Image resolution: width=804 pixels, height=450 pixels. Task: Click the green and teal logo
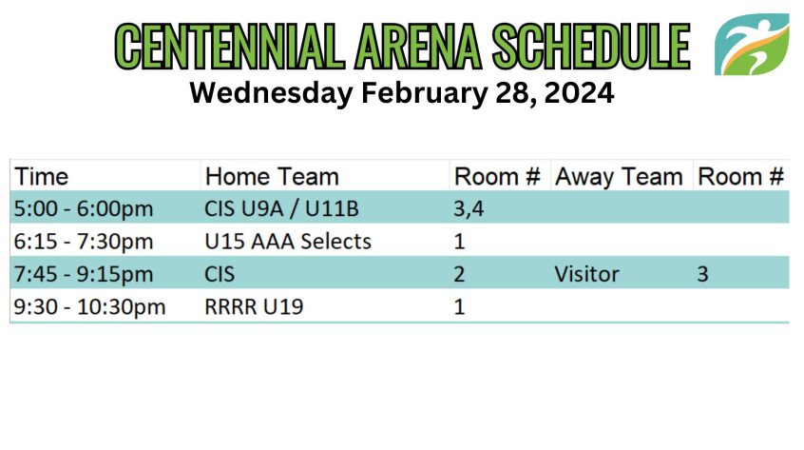752,45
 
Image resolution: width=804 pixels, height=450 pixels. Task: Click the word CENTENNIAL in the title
230,47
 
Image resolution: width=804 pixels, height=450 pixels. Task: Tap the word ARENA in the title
418,47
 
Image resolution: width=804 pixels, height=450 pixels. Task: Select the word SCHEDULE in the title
591,47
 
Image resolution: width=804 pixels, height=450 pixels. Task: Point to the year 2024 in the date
580,93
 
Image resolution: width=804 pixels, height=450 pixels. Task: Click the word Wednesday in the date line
271,93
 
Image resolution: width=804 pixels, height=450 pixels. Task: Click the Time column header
41,177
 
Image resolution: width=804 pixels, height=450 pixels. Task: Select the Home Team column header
272,177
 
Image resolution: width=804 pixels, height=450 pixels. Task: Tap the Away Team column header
619,177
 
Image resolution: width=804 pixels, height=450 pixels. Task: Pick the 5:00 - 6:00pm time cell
84,209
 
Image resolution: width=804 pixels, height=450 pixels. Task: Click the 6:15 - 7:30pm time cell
84,241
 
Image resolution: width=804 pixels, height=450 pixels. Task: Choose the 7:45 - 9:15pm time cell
84,274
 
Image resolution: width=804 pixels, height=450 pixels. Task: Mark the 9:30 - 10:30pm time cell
89,307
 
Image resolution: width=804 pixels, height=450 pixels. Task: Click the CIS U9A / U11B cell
281,209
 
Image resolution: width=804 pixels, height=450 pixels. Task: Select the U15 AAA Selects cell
288,241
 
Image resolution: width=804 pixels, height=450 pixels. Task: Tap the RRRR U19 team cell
254,307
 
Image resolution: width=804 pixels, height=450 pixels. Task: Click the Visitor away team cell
586,274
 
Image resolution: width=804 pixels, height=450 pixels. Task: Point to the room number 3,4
469,209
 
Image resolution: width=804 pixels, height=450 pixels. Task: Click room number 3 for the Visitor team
702,274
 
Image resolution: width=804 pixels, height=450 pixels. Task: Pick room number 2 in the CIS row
459,274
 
